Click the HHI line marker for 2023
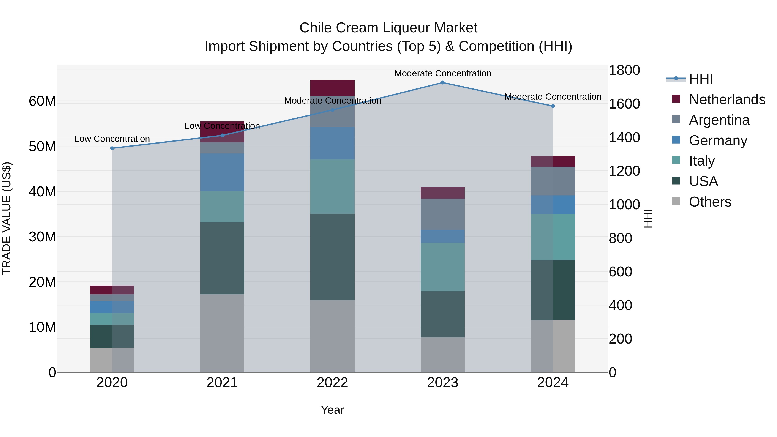coord(442,83)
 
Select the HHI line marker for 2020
coord(112,148)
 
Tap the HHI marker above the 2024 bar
coord(553,106)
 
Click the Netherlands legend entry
coord(727,99)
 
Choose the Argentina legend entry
coord(719,120)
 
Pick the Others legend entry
coord(710,202)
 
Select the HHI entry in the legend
coord(701,79)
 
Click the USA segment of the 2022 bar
coord(332,257)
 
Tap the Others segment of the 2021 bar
coord(222,333)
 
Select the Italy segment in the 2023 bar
coord(442,267)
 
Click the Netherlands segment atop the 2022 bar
coord(332,88)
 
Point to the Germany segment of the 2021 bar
coord(222,172)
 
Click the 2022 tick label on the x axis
coord(332,383)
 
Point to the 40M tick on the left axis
coord(42,192)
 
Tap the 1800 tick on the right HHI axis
coord(624,70)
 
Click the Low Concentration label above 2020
coord(112,139)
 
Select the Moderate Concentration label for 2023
coord(442,73)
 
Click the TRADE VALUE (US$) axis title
coord(7,218)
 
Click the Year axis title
coord(332,410)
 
